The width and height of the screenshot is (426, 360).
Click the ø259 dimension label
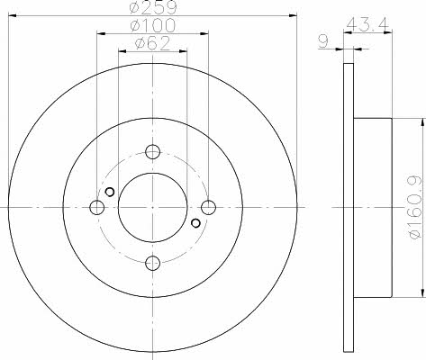(153, 7)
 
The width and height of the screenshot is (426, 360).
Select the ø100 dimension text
(152, 25)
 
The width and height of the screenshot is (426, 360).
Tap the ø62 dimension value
(152, 43)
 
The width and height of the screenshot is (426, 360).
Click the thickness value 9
(322, 41)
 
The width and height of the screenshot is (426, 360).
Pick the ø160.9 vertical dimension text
(416, 208)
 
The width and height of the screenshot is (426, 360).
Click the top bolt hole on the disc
(152, 151)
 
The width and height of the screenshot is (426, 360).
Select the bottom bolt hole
(152, 263)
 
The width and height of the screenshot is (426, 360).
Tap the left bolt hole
(96, 207)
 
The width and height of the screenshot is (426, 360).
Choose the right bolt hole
(208, 207)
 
